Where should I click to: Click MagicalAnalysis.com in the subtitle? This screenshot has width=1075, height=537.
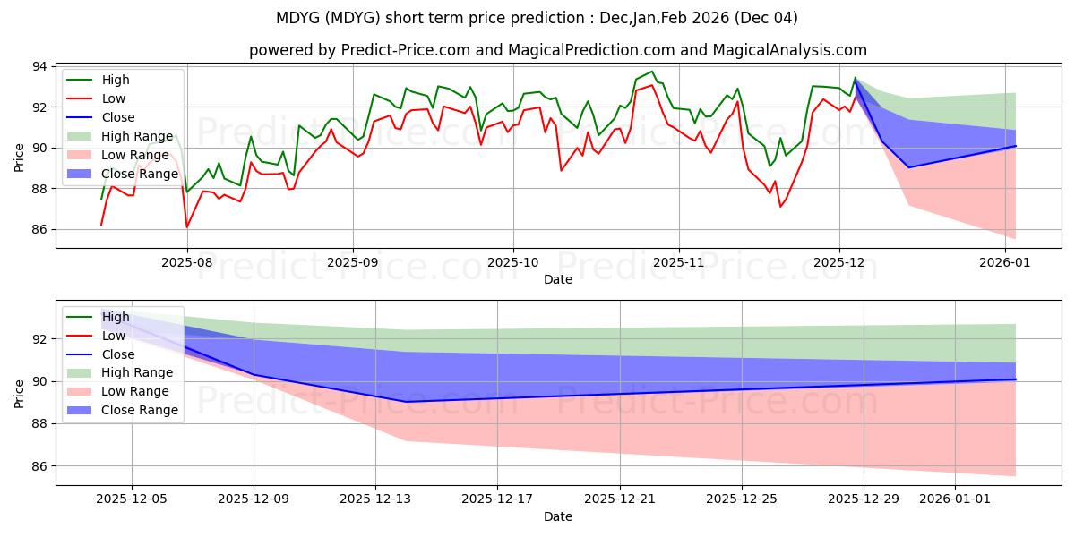789,50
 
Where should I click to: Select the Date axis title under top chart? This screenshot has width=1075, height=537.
557,279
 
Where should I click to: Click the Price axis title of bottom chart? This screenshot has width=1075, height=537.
20,392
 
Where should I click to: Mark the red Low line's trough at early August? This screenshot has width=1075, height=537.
186,227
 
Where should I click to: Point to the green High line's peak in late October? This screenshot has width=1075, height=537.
652,72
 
